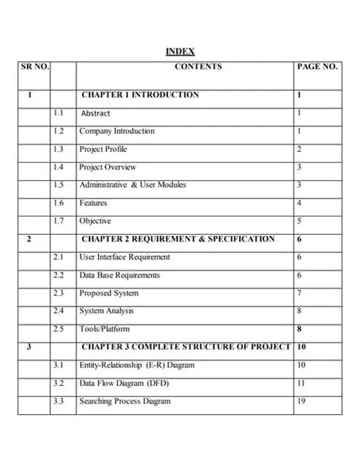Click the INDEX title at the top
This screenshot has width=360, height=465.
(180, 51)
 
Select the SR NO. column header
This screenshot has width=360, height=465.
(35, 67)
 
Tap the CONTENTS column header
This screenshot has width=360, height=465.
(198, 67)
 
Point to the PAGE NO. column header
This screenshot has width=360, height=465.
(317, 67)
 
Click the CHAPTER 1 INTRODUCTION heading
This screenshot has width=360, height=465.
(140, 95)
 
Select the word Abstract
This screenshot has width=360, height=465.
(96, 113)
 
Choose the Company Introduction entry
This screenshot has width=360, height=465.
(116, 131)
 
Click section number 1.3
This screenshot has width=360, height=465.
(59, 150)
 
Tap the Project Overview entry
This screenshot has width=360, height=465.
(108, 167)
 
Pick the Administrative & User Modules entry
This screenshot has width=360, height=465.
(132, 185)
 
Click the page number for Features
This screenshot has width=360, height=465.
(299, 204)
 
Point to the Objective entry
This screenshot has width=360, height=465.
(95, 221)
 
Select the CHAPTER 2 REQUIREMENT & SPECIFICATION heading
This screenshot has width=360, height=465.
(178, 239)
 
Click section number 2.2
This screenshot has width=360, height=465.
(59, 275)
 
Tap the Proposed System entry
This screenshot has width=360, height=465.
(109, 293)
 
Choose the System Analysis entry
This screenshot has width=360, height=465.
(106, 311)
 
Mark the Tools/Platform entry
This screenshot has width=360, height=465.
(104, 329)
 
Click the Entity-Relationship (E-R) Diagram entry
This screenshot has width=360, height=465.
(137, 365)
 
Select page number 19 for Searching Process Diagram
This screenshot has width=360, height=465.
(302, 401)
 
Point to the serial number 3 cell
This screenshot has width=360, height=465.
(29, 347)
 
